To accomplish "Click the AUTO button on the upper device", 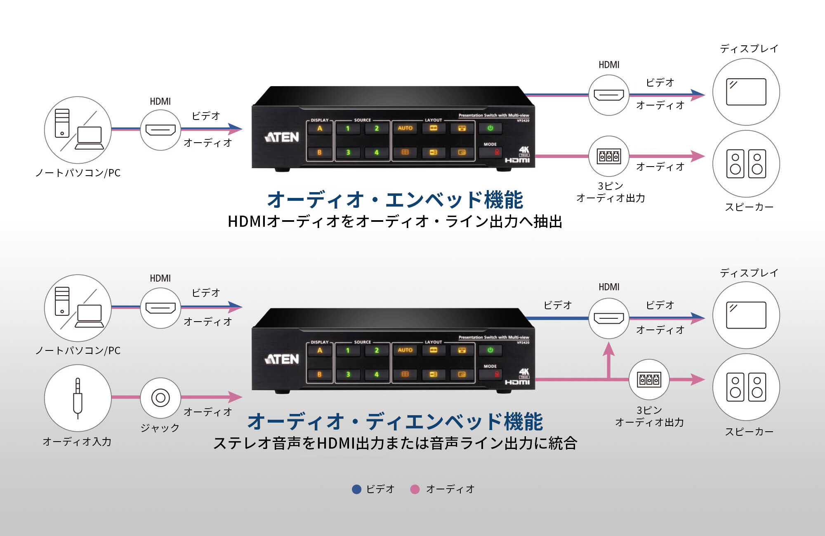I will [x=405, y=128].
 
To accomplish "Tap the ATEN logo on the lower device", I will [x=282, y=359].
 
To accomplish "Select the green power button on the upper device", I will [x=490, y=128].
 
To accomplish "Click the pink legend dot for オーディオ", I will [x=415, y=489].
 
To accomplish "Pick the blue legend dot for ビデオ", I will [x=356, y=489].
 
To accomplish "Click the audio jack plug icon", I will [x=78, y=398].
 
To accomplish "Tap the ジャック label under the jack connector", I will [x=160, y=428].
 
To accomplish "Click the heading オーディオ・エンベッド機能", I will [x=395, y=200].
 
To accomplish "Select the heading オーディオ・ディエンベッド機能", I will [x=395, y=421].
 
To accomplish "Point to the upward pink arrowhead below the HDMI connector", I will [x=608, y=350].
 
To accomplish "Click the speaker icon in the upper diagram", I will [x=746, y=164].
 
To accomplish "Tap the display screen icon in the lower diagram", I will [x=746, y=315].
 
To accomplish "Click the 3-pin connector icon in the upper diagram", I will [x=609, y=156].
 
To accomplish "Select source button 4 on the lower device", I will [x=376, y=374].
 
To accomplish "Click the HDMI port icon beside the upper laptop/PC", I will [x=160, y=130].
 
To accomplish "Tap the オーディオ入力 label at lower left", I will [x=77, y=442].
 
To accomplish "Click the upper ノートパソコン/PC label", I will [x=78, y=173].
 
